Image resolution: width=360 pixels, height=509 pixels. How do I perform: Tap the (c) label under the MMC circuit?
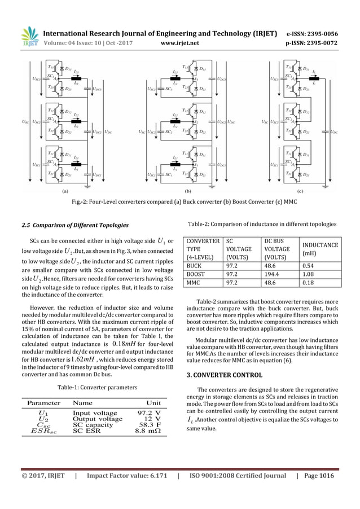(x=300, y=192)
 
